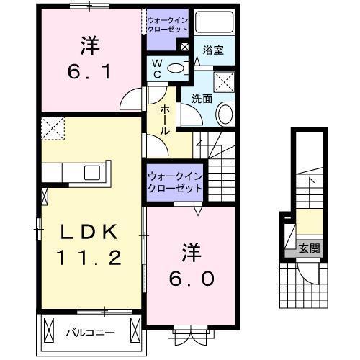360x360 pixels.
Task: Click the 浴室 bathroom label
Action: click(x=212, y=51)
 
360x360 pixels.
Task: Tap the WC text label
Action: click(x=157, y=69)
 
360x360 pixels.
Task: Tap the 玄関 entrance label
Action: click(x=310, y=249)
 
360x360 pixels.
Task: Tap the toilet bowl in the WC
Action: click(x=175, y=69)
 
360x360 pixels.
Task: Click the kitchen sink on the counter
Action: click(x=93, y=172)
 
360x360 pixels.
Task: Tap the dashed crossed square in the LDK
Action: click(x=52, y=130)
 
